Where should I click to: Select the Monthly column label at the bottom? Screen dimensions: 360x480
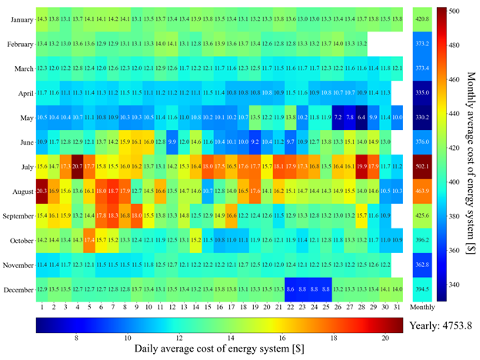(x=422, y=307)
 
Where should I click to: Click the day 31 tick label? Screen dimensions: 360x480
(x=397, y=307)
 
